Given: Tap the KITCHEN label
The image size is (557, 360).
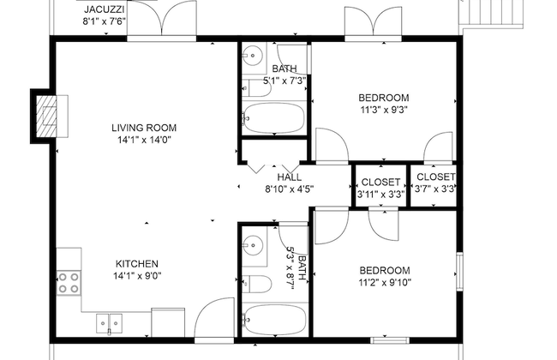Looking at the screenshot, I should pos(137,263).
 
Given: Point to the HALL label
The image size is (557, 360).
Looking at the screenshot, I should pos(289,177).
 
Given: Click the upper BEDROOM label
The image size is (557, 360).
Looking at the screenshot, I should pos(383,97).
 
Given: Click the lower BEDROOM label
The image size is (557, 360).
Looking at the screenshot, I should pos(384,270).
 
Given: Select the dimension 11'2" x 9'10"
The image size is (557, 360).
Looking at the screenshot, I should pos(384,282).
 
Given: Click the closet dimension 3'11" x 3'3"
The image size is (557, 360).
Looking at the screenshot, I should pos(380,194).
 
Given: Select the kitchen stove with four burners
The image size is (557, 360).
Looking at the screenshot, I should pos(68,282).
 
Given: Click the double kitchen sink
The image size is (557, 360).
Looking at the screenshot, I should pos(110,324).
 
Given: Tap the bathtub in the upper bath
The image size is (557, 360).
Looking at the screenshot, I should pos(273,118).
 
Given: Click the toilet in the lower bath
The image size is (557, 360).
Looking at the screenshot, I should pos(257,284).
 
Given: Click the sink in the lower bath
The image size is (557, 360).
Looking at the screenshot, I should pos(252,245).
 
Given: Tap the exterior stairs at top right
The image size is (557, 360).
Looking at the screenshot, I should pos(480,12).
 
